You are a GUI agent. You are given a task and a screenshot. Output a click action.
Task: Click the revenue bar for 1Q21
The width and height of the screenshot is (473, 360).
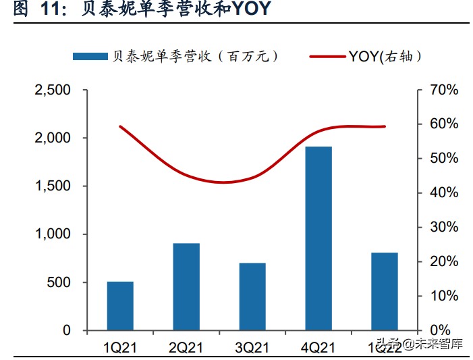click(x=120, y=306)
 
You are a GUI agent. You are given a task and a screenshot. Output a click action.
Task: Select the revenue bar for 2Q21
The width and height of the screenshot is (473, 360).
click(x=186, y=287)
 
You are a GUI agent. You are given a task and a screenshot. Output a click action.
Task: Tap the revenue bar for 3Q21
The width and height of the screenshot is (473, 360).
click(x=252, y=297)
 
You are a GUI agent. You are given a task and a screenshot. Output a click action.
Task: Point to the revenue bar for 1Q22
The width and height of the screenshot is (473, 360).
click(x=385, y=292)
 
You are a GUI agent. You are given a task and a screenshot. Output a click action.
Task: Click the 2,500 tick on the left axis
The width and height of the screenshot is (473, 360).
click(x=53, y=90)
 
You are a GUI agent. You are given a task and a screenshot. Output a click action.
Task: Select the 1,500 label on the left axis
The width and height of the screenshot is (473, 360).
click(x=53, y=186)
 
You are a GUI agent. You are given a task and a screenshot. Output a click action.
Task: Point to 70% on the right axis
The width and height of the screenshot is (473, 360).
click(x=443, y=90)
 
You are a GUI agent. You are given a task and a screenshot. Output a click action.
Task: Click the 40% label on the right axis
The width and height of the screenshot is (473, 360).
click(x=443, y=193)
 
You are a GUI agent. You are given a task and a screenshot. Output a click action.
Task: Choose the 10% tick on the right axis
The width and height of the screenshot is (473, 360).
click(x=443, y=296)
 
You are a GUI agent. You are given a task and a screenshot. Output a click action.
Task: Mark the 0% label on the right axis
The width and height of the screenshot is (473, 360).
click(x=446, y=330)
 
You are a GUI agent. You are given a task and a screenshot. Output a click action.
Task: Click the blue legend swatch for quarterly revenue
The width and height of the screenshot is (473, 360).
click(x=90, y=57)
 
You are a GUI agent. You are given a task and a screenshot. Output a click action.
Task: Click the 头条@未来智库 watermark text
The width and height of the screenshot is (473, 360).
click(x=419, y=344)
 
